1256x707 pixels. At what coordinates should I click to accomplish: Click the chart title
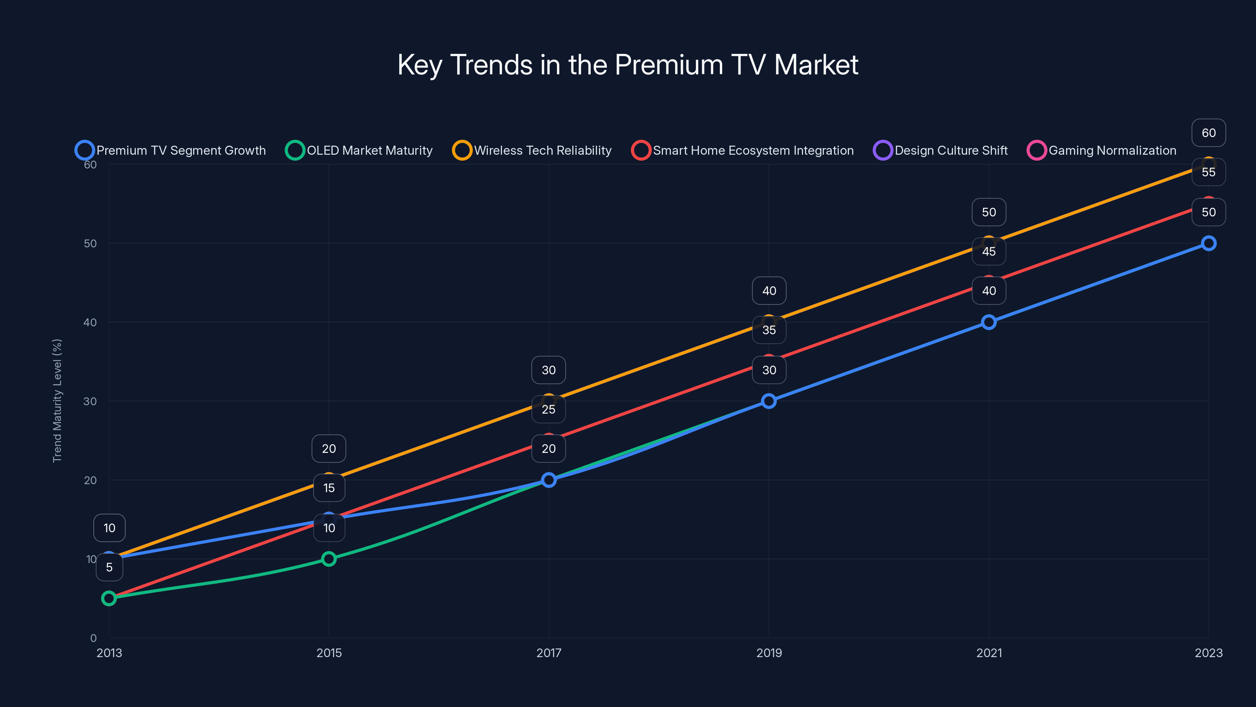[628, 65]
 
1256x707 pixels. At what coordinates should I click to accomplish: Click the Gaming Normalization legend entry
[1102, 150]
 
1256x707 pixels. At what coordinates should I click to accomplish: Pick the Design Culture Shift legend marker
[882, 150]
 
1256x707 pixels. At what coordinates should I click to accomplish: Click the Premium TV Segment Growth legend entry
[171, 150]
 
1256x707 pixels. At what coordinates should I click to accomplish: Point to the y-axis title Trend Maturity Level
[57, 401]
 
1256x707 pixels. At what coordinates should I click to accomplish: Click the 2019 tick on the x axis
[769, 653]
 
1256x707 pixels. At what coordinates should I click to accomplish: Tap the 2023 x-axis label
[1208, 653]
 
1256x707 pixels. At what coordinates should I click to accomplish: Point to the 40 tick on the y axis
[90, 322]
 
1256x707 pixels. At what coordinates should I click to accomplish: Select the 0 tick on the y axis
[93, 638]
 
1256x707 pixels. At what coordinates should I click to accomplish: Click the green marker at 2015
[329, 559]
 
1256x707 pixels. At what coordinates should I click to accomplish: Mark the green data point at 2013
[109, 598]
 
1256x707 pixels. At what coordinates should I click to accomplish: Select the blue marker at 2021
[988, 322]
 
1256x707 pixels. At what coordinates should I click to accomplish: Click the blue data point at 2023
[1208, 243]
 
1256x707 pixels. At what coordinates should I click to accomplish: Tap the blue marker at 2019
[769, 401]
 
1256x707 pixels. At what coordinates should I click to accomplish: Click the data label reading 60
[1208, 133]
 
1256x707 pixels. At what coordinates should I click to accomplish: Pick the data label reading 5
[109, 567]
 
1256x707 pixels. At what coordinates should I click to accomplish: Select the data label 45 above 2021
[988, 251]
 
